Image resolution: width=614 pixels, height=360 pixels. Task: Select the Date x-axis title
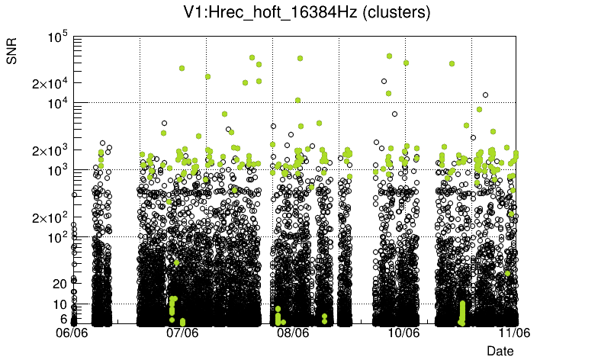coord(500,351)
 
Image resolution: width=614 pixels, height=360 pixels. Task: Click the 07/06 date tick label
coord(182,333)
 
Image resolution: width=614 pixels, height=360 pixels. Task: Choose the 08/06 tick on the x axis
coord(293,333)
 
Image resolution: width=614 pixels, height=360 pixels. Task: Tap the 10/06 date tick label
coord(403,333)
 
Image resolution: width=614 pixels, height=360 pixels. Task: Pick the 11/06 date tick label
coord(514,333)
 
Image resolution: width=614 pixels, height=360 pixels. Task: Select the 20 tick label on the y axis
coord(61,284)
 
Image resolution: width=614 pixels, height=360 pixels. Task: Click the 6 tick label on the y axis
coord(64,319)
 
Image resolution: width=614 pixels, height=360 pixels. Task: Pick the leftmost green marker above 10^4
coord(182,68)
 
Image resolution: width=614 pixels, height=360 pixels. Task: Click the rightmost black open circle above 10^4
coord(485,95)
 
